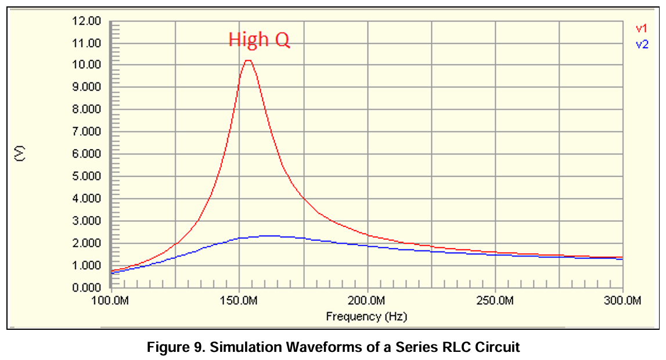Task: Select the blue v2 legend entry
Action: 641,44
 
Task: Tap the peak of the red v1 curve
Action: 248,60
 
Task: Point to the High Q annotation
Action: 258,39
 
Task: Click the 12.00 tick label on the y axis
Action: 87,21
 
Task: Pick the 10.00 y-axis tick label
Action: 87,65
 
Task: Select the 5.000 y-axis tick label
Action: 87,177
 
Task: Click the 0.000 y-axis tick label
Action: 87,288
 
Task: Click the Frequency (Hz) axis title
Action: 366,316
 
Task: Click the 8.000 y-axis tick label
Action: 87,110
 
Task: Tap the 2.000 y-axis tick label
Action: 87,243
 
